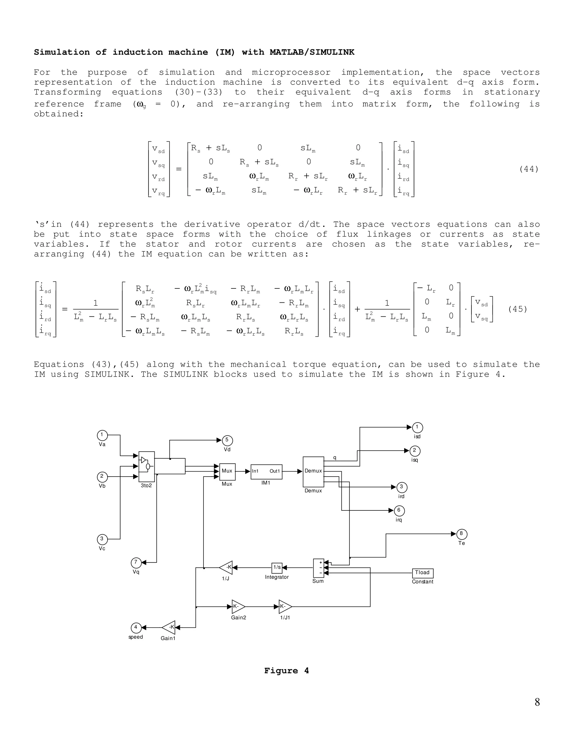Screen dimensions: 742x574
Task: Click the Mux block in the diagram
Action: click(x=227, y=472)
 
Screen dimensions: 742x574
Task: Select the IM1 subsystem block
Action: click(x=266, y=472)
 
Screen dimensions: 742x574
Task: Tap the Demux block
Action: click(x=313, y=472)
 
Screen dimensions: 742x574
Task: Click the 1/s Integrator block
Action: click(x=277, y=567)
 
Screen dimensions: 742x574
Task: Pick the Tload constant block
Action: click(x=422, y=573)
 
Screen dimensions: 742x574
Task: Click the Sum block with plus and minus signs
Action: click(x=318, y=568)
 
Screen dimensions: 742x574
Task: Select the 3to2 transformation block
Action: click(x=147, y=466)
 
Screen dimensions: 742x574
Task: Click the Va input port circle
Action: click(x=102, y=435)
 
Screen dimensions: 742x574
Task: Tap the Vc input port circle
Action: click(x=102, y=539)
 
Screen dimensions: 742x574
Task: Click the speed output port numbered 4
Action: click(x=136, y=628)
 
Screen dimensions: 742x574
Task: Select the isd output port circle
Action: click(x=417, y=427)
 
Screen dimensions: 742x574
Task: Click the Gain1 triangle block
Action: click(x=169, y=627)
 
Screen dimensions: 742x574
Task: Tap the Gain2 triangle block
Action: click(x=238, y=606)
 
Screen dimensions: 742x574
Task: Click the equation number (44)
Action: click(x=529, y=169)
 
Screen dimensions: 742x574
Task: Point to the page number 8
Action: click(x=537, y=702)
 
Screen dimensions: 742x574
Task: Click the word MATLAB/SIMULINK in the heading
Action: click(x=312, y=52)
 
